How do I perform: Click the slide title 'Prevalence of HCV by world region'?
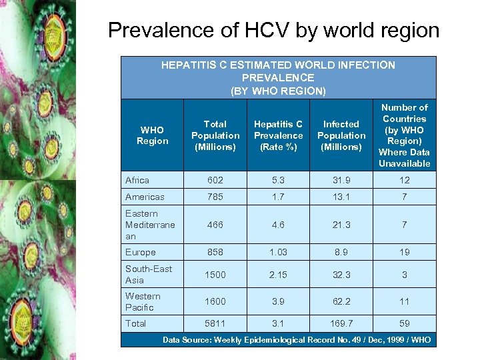[273, 31]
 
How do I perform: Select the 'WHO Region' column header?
[152, 135]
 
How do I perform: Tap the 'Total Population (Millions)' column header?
[215, 135]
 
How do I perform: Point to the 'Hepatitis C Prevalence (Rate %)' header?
[278, 135]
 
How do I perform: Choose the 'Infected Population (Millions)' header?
[341, 135]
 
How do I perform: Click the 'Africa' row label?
[137, 180]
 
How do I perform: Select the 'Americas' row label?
[144, 197]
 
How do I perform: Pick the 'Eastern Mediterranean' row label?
[150, 225]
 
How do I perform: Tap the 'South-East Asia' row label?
[149, 275]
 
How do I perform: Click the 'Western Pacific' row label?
[143, 301]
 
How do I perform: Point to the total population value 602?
[215, 180]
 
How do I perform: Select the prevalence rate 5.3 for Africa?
[278, 180]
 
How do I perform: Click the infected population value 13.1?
[341, 197]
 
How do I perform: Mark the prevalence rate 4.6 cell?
[278, 225]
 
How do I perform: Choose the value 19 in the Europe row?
[404, 252]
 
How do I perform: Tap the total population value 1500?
[215, 275]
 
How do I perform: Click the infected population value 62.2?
[341, 301]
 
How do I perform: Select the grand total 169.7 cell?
[341, 323]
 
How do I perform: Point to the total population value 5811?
[215, 323]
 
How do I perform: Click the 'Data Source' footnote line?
[297, 340]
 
